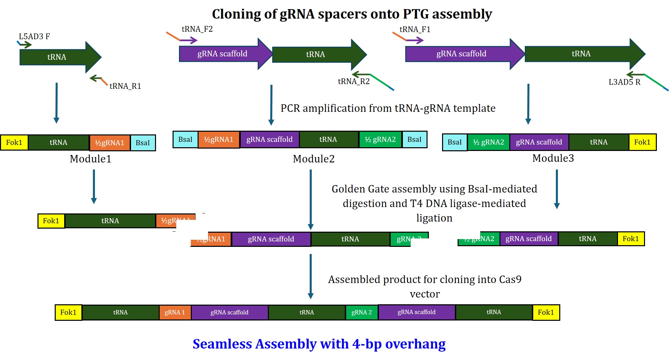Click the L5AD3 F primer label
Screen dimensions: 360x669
34,36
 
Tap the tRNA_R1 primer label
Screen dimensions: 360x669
125,86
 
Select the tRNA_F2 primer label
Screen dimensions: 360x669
197,29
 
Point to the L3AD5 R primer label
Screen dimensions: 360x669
624,82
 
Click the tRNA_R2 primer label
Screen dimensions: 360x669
354,81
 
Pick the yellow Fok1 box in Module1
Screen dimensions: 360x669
14,143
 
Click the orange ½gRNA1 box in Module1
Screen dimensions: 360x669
109,143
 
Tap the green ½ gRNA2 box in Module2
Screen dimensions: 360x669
380,139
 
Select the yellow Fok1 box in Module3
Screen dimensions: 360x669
642,142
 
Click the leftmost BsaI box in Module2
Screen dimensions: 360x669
185,139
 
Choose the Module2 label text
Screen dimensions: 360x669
313,159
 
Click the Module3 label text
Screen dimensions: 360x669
553,158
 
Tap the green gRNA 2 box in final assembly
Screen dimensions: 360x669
361,312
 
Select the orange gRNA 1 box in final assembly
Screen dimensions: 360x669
175,312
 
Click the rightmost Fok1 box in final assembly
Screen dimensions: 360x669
546,312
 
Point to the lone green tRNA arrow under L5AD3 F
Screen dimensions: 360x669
57,57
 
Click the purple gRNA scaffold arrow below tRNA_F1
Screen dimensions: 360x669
461,54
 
